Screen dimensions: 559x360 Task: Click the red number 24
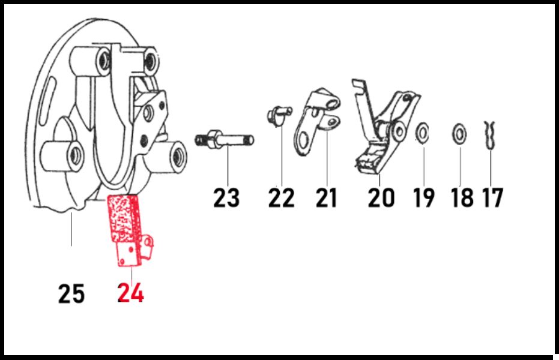(131, 293)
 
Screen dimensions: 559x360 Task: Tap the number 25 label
(71, 294)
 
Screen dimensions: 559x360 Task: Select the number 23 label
(226, 198)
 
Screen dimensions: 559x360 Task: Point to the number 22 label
(281, 198)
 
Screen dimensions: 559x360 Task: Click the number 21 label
(326, 198)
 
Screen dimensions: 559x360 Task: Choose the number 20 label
(381, 198)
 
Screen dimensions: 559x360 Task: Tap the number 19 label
(424, 198)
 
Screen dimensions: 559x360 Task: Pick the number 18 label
(462, 198)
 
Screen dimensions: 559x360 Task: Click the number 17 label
(492, 198)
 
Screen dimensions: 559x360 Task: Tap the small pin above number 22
(279, 115)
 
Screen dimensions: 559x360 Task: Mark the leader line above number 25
(71, 229)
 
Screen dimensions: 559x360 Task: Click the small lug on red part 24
(148, 245)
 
